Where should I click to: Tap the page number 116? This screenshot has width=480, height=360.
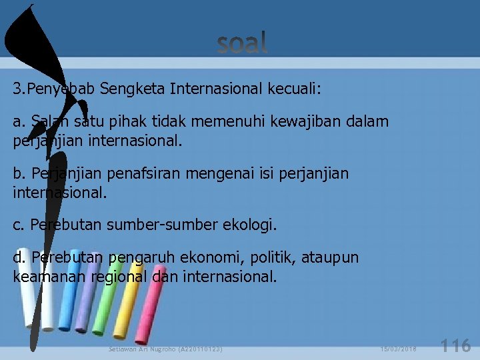pos(457,345)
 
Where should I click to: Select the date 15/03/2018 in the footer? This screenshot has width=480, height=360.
pos(399,349)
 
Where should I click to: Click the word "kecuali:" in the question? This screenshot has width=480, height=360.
pos(293,89)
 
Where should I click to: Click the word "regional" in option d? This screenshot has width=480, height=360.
pos(118,276)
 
